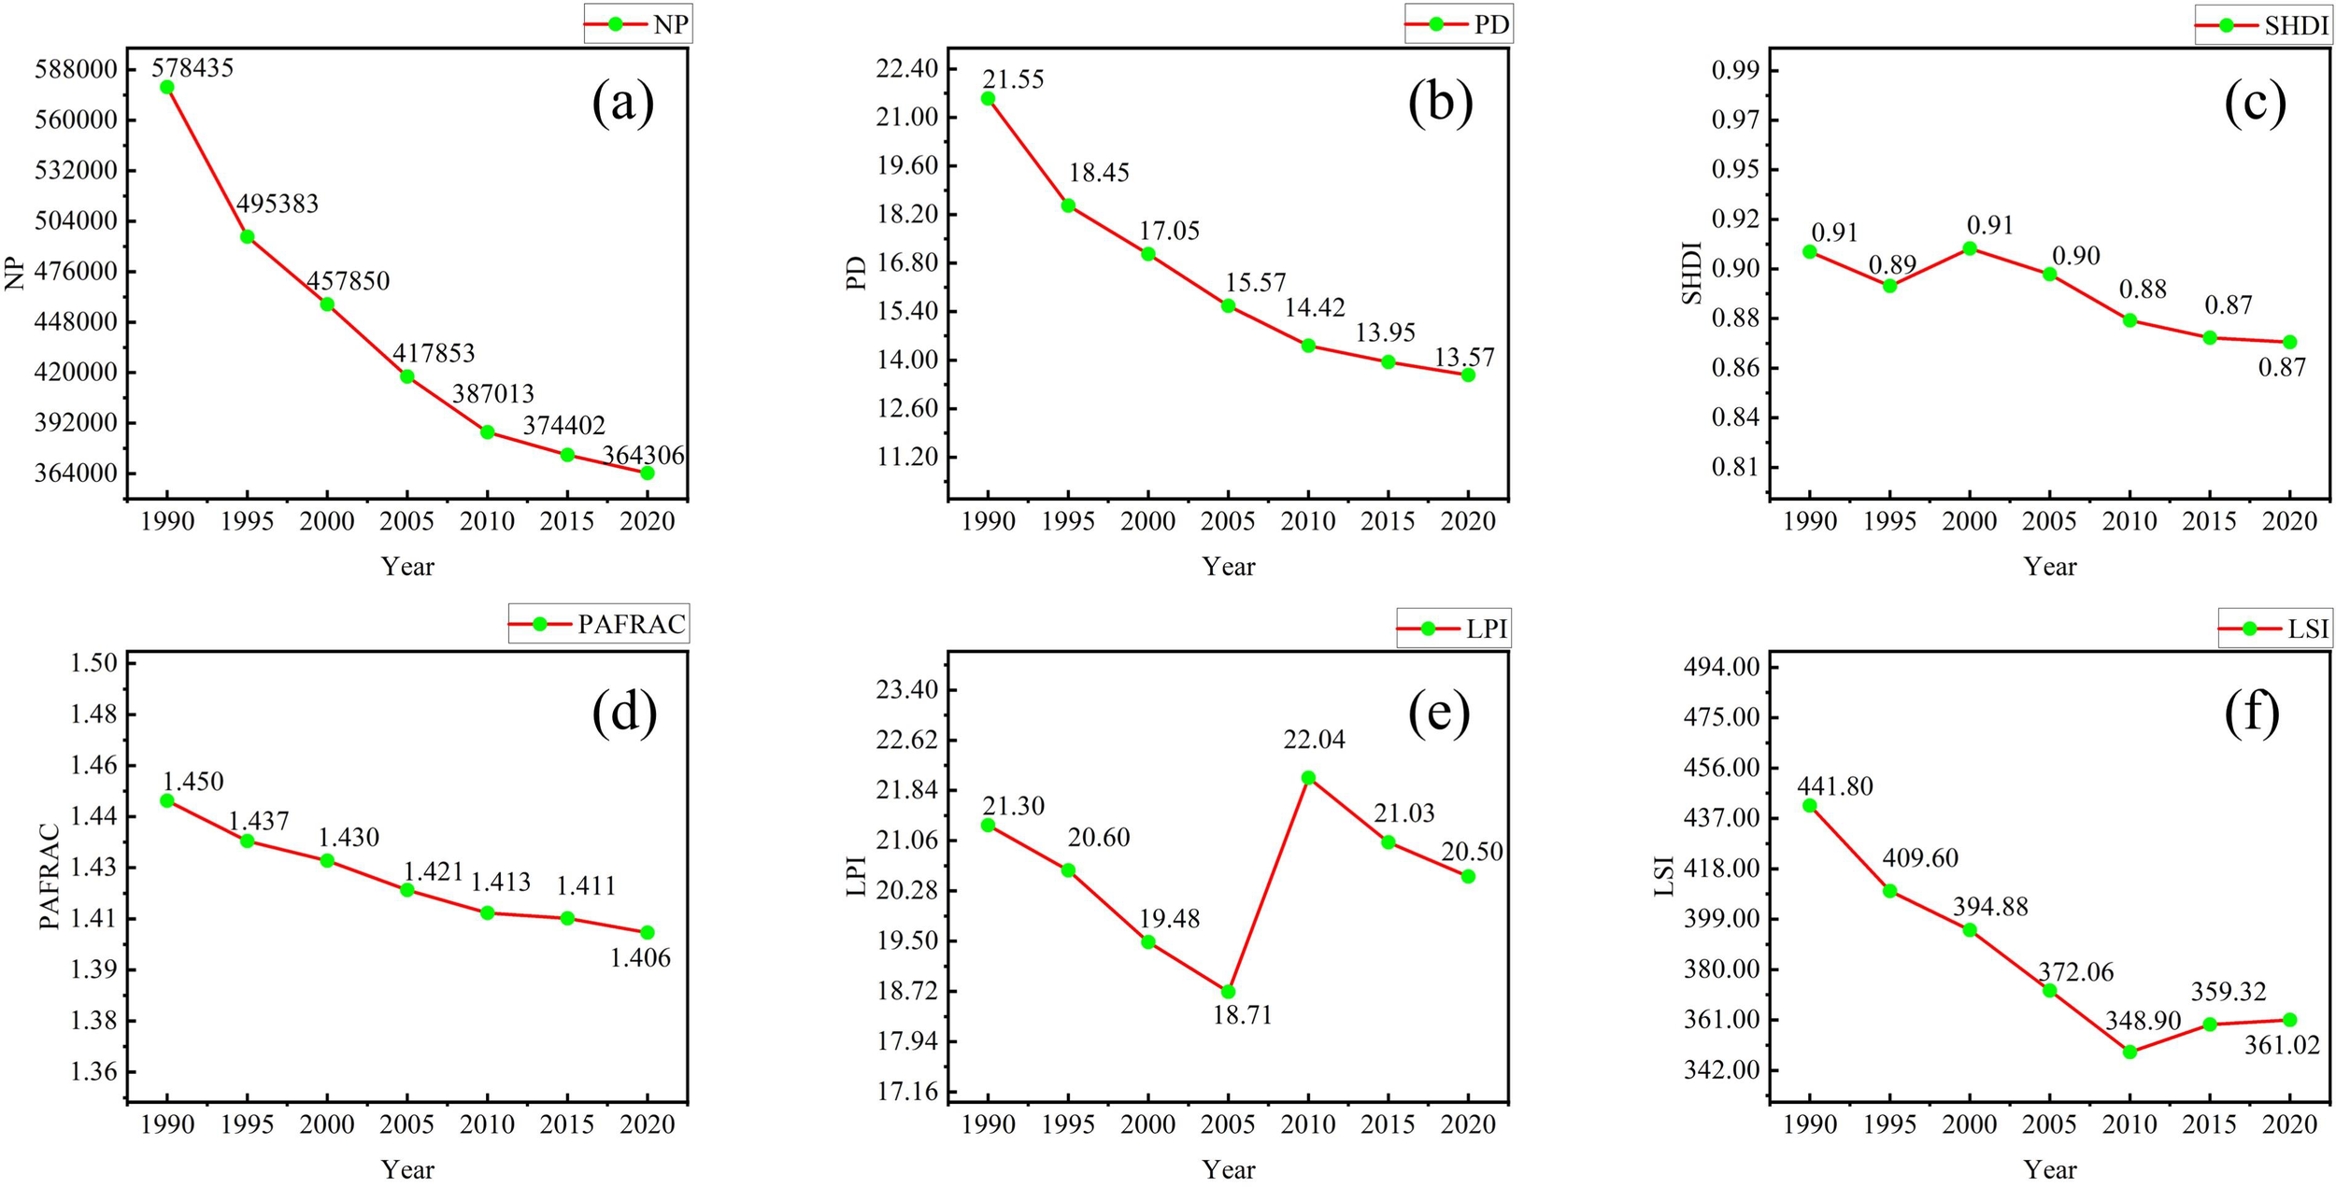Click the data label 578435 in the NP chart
point(192,67)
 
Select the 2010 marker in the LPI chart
point(1308,777)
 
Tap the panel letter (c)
point(2255,103)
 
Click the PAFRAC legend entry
point(599,624)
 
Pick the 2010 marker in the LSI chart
point(2129,1052)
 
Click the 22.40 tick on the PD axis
point(905,69)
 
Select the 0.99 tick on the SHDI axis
point(1734,70)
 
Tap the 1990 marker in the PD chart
point(988,98)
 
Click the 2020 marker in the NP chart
point(647,473)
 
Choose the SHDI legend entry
point(2262,26)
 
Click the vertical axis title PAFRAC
point(50,875)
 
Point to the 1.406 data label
point(640,957)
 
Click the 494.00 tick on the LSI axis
point(1723,667)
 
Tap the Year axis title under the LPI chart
point(1228,1169)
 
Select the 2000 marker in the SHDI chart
point(1970,248)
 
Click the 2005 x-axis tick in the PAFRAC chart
point(406,1123)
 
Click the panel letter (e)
point(1438,712)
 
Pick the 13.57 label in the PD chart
point(1464,357)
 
